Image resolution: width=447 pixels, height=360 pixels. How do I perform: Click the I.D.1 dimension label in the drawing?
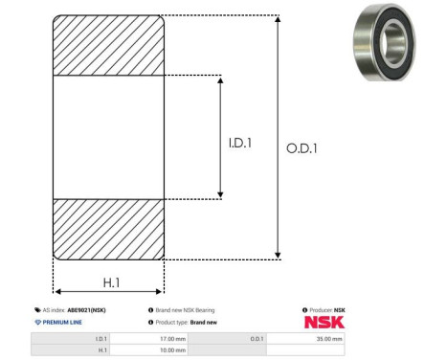240,143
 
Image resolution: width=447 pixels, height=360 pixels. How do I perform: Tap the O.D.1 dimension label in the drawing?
302,148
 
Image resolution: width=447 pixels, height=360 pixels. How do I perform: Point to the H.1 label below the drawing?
111,282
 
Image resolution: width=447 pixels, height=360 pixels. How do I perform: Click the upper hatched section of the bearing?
108,45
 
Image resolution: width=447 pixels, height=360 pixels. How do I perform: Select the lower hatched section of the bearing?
108,230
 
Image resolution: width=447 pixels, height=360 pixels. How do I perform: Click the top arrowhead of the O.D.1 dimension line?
278,19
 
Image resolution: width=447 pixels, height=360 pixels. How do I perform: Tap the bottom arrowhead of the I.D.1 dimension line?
220,194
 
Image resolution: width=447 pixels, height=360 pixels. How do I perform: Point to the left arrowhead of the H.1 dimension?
57,291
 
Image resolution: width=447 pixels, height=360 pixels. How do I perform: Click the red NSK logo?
324,323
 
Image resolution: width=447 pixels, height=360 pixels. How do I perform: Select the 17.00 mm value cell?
149,339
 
